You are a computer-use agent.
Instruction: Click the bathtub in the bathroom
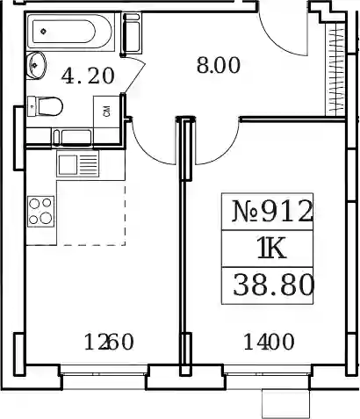pos(69,31)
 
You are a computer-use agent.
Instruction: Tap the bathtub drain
pos(44,31)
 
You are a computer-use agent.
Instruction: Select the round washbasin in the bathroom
pos(36,65)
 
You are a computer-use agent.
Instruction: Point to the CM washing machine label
pos(107,111)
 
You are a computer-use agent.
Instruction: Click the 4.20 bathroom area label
pos(88,76)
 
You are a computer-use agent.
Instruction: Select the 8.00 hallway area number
pos(219,65)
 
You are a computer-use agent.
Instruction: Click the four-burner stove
pos(41,211)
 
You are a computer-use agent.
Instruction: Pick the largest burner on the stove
pos(46,218)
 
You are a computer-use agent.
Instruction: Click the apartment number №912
pos(272,211)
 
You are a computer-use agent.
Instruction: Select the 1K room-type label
pos(271,249)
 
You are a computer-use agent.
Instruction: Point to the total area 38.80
pos(273,285)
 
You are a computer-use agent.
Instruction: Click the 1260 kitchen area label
pos(109,342)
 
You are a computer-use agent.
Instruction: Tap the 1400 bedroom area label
pos(269,342)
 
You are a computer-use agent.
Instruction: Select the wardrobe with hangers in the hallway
pos(335,69)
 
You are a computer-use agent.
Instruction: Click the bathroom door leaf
pos(134,75)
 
